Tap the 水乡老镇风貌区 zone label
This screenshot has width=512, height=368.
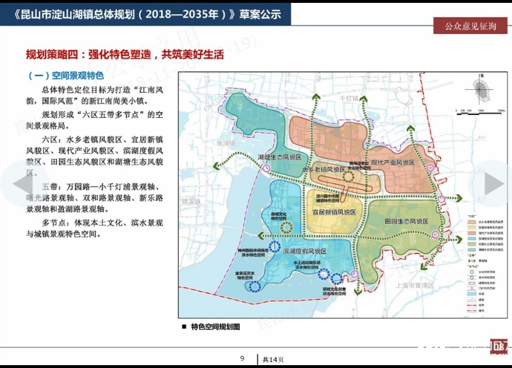(x=323, y=169)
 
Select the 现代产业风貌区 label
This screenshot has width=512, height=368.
(x=392, y=163)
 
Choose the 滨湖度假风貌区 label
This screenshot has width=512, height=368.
(x=304, y=252)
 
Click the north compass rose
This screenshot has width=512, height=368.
(x=482, y=91)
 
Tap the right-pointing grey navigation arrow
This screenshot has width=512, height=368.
(x=494, y=184)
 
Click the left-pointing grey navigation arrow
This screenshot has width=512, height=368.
(x=24, y=184)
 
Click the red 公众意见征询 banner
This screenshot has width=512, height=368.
(x=470, y=26)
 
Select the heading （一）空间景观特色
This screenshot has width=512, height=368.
(x=65, y=75)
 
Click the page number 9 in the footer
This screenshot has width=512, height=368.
(x=242, y=358)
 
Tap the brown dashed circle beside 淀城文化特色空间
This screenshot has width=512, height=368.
(x=286, y=228)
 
